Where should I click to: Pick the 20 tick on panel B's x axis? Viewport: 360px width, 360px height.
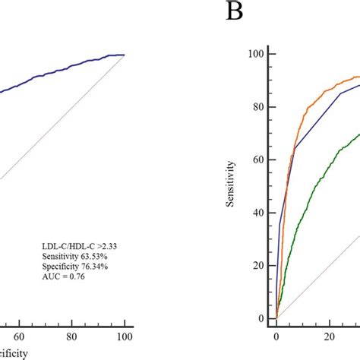pyautogui.click(x=329, y=334)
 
